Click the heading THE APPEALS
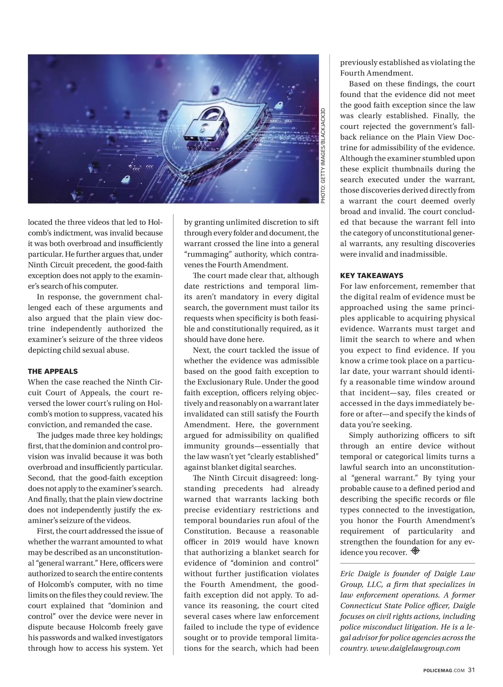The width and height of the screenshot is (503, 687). click(x=53, y=371)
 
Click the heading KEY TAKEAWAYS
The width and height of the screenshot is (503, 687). click(x=371, y=276)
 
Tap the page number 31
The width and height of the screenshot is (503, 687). click(x=472, y=669)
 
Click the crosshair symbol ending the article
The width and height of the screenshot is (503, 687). click(x=415, y=551)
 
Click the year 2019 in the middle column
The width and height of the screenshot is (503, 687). click(x=232, y=541)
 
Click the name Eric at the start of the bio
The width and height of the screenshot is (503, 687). click(x=347, y=573)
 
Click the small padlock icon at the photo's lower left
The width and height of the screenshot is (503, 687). click(x=125, y=180)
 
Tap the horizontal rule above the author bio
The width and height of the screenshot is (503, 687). click(x=407, y=562)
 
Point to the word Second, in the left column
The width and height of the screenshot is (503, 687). click(x=41, y=478)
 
